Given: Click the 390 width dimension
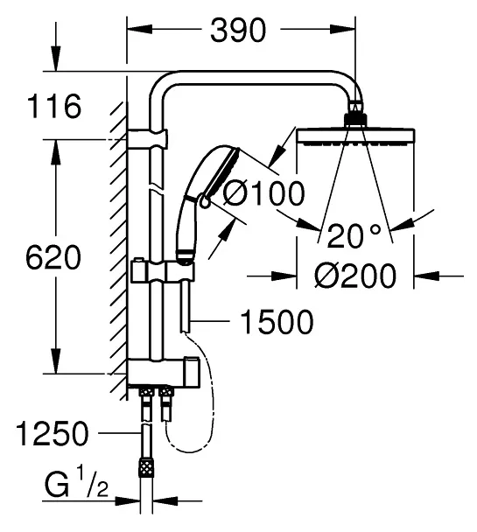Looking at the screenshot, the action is click(238, 31).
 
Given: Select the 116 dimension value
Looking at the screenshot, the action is click(54, 106).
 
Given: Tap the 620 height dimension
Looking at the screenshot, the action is click(53, 257).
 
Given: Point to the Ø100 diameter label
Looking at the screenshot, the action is click(264, 193).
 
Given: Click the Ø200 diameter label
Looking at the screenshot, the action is click(354, 276).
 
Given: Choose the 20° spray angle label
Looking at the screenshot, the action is click(354, 235).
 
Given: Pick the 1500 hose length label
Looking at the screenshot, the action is click(277, 322).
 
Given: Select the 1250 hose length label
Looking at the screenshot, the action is click(52, 433).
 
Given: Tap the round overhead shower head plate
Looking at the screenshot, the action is click(355, 136).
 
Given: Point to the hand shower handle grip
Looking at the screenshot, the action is click(186, 231).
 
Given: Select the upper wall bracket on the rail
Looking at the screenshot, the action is click(148, 139).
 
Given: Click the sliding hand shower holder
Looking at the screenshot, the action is click(163, 269).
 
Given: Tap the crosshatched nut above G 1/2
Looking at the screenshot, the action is click(146, 469).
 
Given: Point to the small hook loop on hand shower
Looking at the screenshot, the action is click(205, 202).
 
